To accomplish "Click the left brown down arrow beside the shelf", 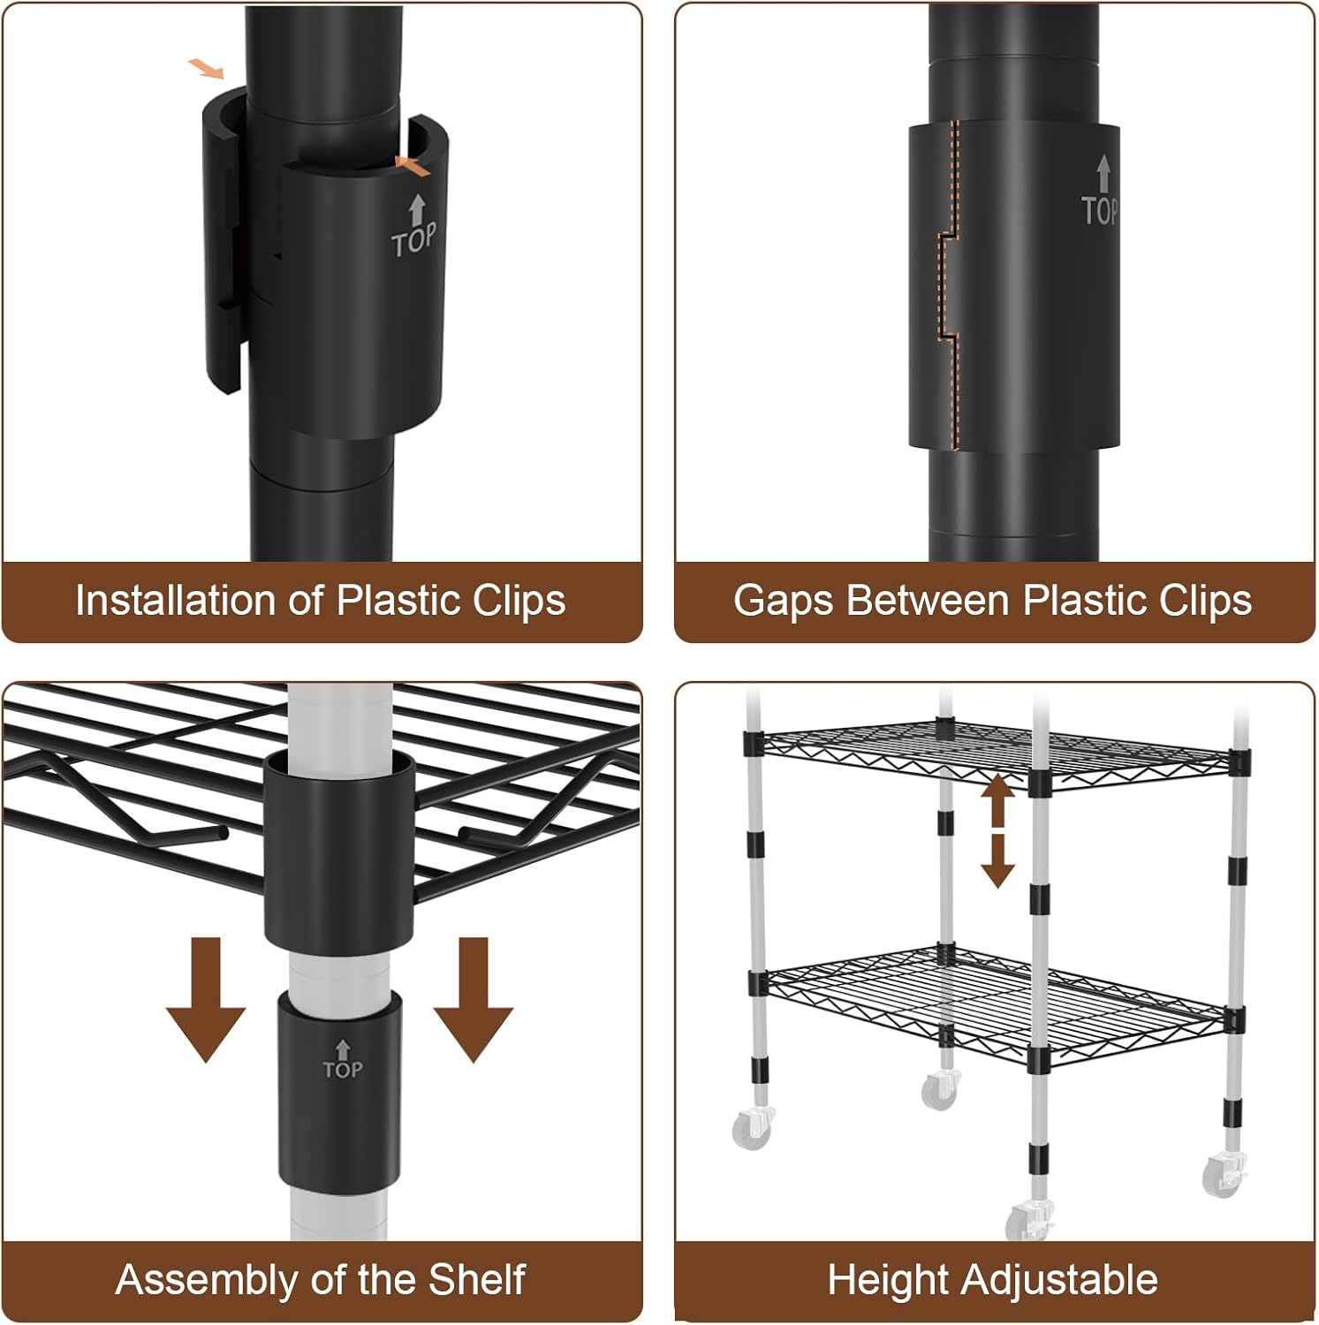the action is point(206,999).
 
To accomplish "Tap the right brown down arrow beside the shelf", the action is point(474,999).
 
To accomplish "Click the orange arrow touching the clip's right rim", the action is point(413,164).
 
